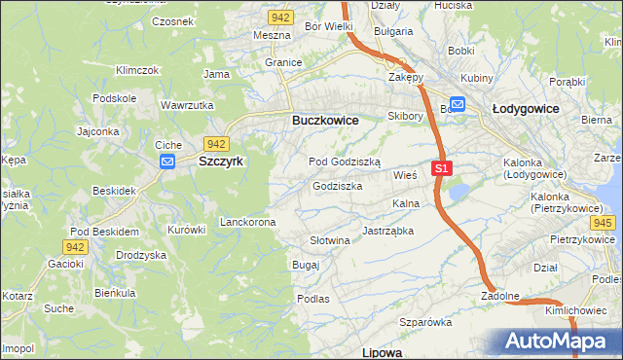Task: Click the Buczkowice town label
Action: (x=325, y=120)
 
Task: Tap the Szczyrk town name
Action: (x=221, y=162)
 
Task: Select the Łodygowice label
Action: (x=525, y=109)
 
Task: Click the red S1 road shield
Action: (x=442, y=168)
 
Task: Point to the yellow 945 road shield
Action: (x=603, y=223)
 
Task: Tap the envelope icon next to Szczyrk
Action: (x=166, y=162)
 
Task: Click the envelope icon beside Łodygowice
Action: (x=457, y=105)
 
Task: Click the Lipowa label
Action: (x=382, y=351)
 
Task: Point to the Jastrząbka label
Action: (x=388, y=231)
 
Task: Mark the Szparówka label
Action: (x=426, y=321)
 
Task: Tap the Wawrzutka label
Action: (x=187, y=104)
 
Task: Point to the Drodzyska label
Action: (x=141, y=254)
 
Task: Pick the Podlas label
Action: (x=313, y=299)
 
